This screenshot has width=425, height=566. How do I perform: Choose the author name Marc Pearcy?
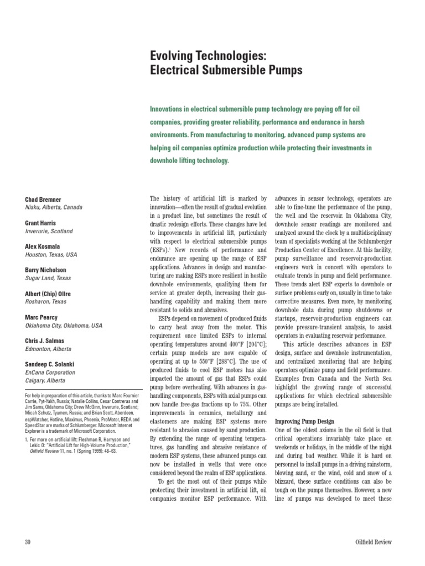42,318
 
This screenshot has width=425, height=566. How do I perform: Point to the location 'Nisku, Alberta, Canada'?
54,207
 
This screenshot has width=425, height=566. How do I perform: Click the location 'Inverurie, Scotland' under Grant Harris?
49,231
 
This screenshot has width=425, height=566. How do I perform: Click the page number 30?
28,542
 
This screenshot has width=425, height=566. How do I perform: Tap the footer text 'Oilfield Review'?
373,542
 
